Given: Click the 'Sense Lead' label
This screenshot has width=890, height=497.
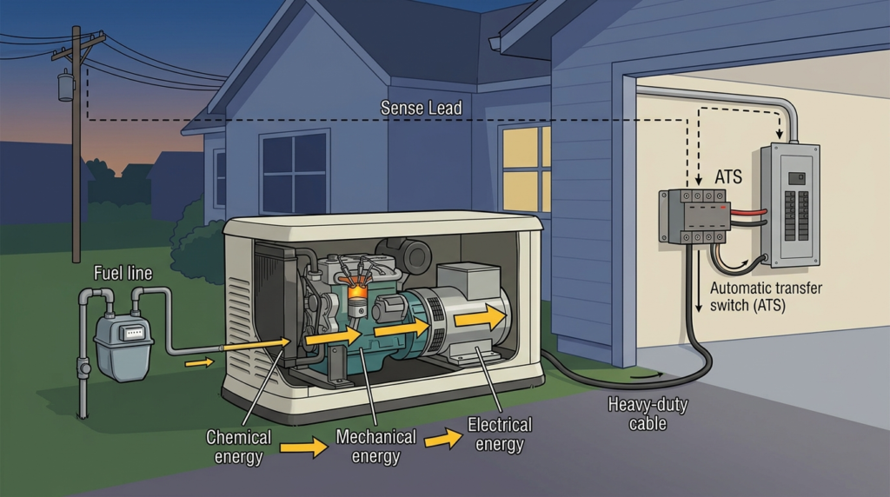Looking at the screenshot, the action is pos(422,108).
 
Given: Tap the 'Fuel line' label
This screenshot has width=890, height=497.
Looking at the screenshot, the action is pos(123,274).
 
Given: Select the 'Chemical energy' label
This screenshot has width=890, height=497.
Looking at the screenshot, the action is pos(238,447).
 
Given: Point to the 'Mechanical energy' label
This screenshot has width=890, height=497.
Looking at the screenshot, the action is pos(375,447).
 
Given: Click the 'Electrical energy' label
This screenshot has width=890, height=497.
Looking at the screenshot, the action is pos(500,434).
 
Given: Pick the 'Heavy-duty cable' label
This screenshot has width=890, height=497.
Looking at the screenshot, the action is pos(648,414).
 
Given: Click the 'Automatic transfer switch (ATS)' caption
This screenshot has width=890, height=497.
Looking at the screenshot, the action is pos(766,297).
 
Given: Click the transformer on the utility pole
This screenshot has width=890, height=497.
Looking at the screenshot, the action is pos(66,86).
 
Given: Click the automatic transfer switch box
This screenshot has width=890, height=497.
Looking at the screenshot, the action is pos(694,216).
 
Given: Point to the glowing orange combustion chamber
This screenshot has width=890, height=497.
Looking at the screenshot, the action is pos(356,292).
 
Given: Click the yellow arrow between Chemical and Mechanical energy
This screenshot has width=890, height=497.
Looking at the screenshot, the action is pos(303,447).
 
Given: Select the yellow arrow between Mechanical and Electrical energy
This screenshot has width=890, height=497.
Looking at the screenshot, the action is pos(443,439).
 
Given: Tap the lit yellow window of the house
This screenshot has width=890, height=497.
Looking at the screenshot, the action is pos(526,169).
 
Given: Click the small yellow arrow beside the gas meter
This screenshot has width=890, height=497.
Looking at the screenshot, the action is pos(199,362).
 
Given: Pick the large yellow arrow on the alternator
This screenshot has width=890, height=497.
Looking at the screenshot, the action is pos(480,317).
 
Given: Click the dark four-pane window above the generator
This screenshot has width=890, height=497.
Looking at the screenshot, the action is pos(294,172).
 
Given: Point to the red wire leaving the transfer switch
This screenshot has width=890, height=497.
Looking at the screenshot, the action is pos(748,213).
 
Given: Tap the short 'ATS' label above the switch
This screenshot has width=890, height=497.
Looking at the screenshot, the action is pos(728,177).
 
